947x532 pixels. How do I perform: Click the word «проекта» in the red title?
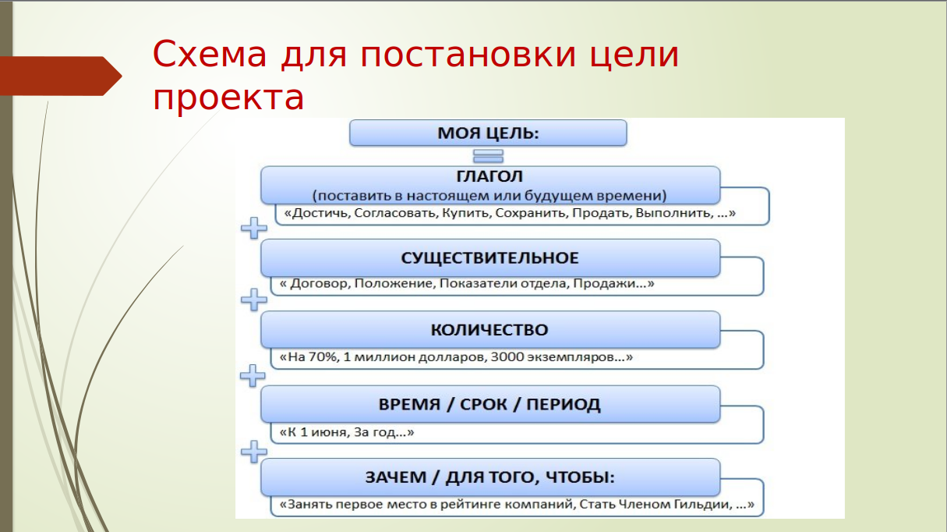click(228, 98)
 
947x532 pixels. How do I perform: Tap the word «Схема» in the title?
click(210, 54)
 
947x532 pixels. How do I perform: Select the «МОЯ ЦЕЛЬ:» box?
click(488, 133)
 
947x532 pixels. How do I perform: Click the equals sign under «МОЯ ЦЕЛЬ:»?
click(488, 156)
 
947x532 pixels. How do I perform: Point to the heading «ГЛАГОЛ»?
click(489, 176)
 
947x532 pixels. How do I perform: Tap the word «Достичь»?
click(321, 212)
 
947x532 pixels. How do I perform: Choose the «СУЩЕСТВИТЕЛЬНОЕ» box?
click(490, 257)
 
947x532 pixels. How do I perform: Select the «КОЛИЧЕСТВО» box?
click(490, 330)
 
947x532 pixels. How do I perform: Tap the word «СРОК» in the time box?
click(484, 404)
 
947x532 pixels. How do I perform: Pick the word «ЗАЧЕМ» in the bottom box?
click(396, 477)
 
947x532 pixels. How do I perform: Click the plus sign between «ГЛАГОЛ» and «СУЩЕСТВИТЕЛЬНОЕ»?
click(253, 228)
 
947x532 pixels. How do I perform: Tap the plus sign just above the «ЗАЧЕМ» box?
click(253, 452)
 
